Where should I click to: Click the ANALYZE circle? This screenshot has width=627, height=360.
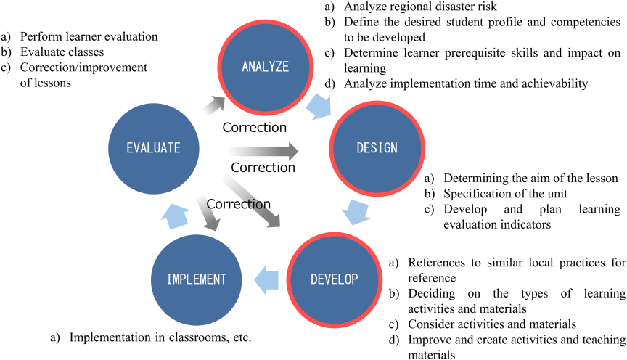[x=266, y=67]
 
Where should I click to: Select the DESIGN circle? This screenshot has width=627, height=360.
[x=377, y=148]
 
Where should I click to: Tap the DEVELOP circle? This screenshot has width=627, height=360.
[x=335, y=279]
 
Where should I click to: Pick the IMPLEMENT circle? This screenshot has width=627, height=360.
[x=197, y=279]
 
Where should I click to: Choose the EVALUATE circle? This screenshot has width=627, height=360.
[x=154, y=148]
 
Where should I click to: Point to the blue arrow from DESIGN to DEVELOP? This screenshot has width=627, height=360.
[x=356, y=212]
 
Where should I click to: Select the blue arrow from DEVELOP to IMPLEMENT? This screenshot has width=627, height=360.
[x=266, y=279]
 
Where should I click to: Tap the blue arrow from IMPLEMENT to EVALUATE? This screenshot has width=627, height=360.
[x=175, y=216]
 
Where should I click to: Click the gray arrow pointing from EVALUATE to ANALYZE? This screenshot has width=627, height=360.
[x=214, y=105]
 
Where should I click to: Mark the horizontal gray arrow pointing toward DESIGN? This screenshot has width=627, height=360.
[x=264, y=151]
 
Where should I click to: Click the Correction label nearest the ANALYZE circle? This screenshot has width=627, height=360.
[x=254, y=127]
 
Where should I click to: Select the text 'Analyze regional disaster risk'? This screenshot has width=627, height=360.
[x=420, y=7]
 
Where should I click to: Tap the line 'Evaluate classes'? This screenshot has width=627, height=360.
[x=62, y=52]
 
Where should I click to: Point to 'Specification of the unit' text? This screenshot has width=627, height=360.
[x=505, y=194]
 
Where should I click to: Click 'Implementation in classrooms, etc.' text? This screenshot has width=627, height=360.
[x=160, y=337]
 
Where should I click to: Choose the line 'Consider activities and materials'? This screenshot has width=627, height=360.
[x=492, y=324]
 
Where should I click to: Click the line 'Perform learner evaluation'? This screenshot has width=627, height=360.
[x=89, y=37]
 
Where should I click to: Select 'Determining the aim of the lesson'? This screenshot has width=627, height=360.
[x=530, y=178]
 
